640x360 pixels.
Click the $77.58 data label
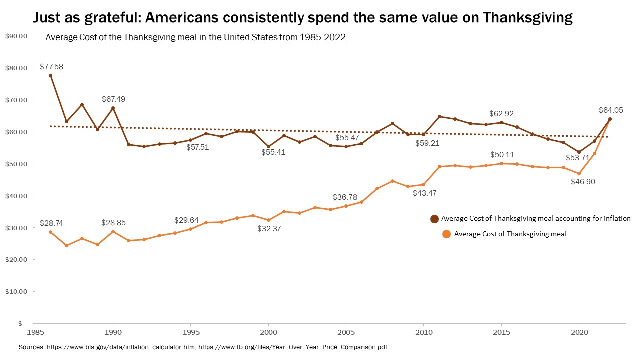click(51, 66)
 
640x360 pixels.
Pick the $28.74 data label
click(51, 223)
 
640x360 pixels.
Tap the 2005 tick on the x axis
click(346, 331)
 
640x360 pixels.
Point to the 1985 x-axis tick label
click(35, 331)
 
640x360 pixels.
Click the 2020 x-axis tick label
click(579, 331)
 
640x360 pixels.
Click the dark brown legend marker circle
click(434, 219)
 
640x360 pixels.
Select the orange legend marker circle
click(446, 234)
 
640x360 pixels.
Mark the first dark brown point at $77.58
click(51, 76)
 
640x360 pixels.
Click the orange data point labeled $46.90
click(579, 174)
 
